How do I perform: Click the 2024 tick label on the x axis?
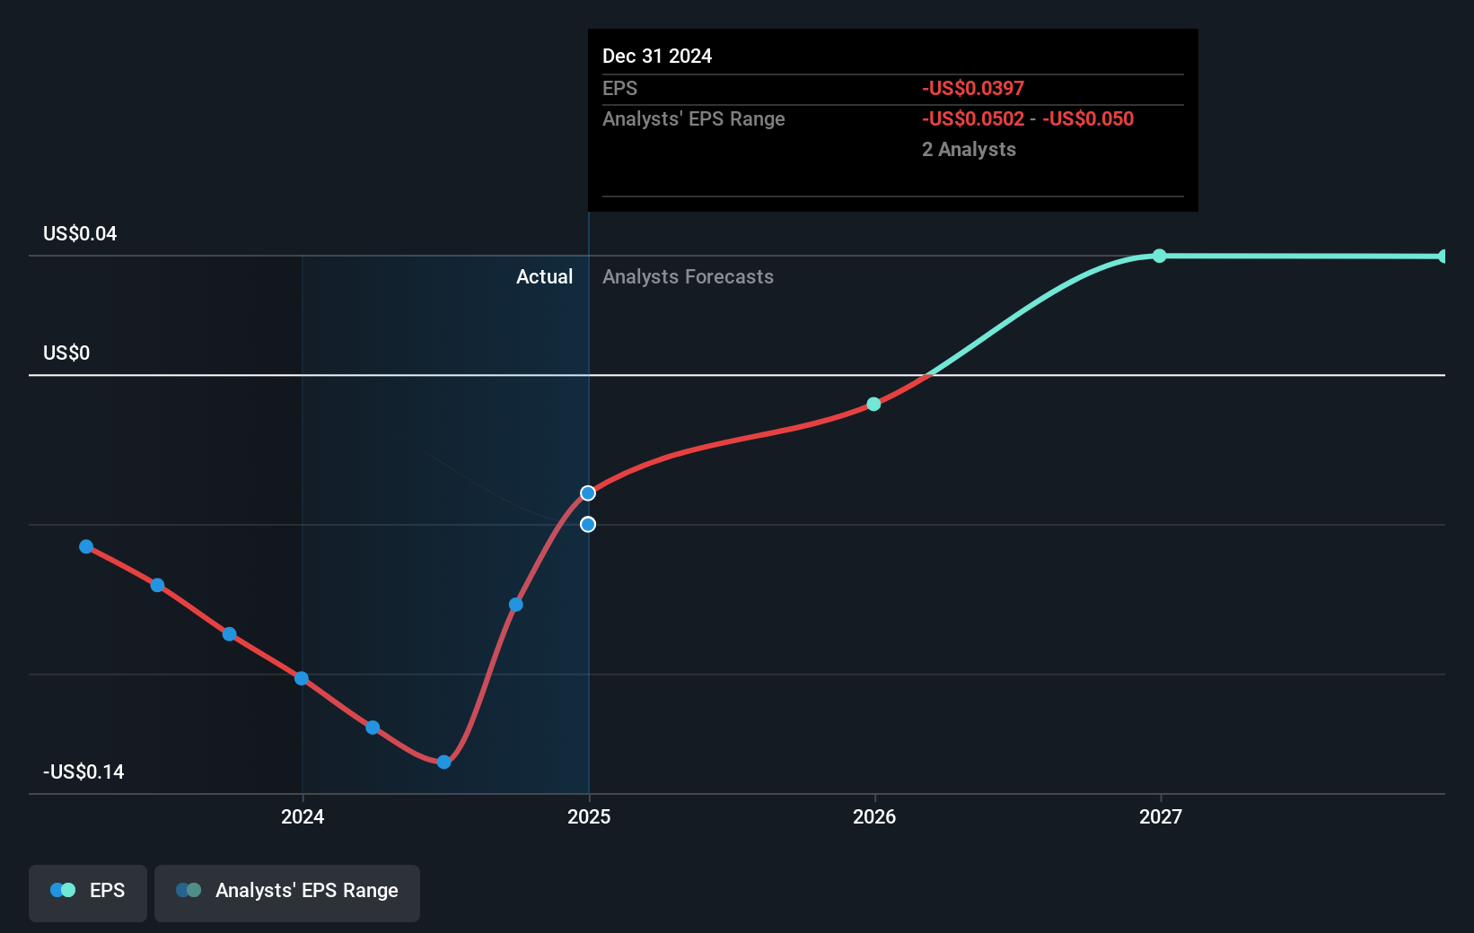point(303,816)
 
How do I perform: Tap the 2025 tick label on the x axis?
point(589,816)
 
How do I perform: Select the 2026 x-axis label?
point(874,816)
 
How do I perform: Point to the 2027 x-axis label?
point(1160,816)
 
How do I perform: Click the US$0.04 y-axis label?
point(80,234)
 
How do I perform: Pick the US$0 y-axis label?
point(66,353)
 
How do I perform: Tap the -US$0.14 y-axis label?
point(83,772)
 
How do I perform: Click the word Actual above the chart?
point(544,277)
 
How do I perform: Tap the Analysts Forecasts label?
point(688,277)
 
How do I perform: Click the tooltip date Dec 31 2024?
point(657,57)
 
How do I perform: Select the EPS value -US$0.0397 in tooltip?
point(972,89)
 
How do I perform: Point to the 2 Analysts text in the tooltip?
point(969,150)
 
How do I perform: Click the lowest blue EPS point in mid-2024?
point(443,762)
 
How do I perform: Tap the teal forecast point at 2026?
point(873,405)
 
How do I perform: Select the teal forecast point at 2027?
point(1160,256)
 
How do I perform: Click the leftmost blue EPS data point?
point(86,546)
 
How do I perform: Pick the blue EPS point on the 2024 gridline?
point(302,678)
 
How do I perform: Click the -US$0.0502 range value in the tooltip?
point(972,119)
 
